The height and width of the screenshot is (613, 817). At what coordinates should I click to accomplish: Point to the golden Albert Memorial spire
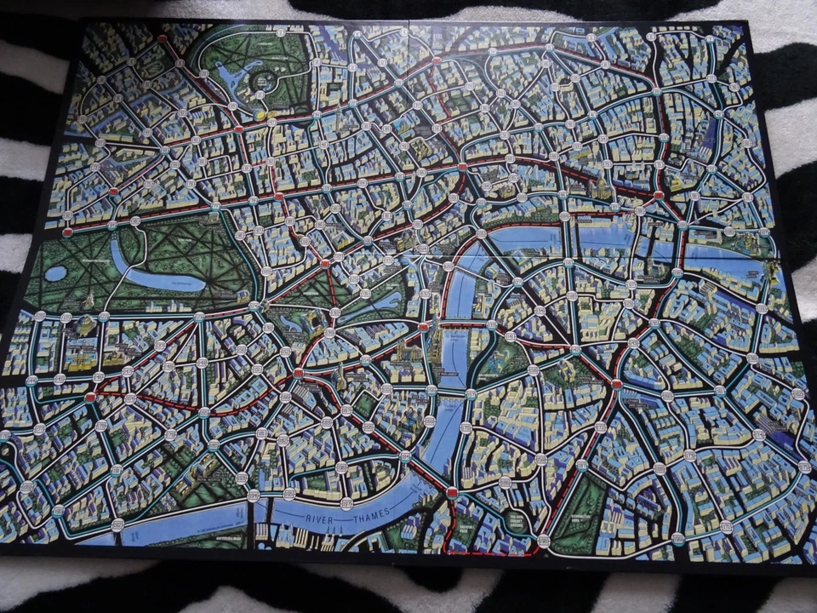89,300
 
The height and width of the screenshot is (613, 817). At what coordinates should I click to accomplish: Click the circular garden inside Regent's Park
265,81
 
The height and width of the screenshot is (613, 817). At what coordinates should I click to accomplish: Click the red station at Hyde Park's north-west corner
67,232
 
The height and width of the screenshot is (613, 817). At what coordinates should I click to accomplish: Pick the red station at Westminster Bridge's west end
423,326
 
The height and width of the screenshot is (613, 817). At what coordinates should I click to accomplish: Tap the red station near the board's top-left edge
162,38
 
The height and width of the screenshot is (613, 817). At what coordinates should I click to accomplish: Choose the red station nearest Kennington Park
545,540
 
